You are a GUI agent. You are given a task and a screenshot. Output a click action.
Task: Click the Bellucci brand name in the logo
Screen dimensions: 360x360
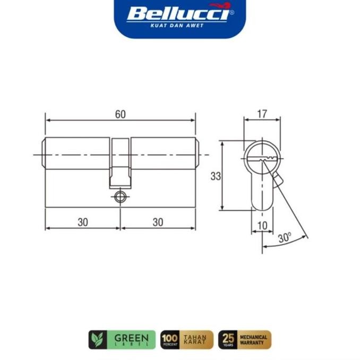click(x=177, y=13)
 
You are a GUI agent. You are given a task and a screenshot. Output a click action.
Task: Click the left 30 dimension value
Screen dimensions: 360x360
click(x=82, y=222)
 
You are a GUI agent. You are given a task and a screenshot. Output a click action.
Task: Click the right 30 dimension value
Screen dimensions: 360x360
click(x=158, y=222)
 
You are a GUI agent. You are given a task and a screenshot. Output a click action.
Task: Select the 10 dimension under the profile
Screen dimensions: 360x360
click(x=262, y=225)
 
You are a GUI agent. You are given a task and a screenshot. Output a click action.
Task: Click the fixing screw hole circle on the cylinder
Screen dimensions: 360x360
click(x=120, y=197)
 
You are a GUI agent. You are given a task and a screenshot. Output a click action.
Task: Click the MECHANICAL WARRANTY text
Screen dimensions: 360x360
click(x=254, y=339)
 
